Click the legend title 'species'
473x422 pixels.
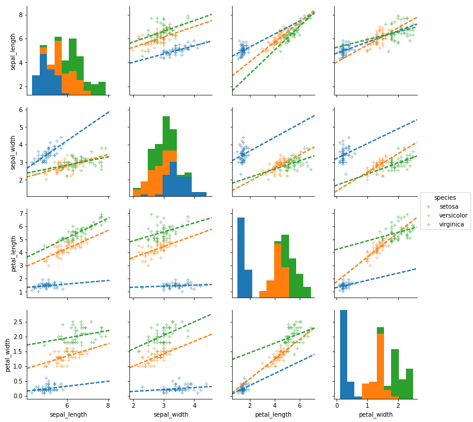click(x=445, y=197)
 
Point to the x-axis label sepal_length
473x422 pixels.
click(x=68, y=414)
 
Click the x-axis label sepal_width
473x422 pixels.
click(x=170, y=414)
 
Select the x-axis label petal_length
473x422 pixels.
click(x=273, y=414)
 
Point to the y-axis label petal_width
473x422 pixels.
click(x=7, y=355)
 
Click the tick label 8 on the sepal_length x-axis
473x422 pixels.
click(x=107, y=405)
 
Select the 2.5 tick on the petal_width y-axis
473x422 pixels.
click(x=18, y=322)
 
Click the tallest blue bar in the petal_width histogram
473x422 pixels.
click(x=343, y=354)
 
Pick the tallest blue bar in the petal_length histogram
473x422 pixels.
click(x=241, y=257)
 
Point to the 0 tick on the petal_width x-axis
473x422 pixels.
click(x=337, y=405)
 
